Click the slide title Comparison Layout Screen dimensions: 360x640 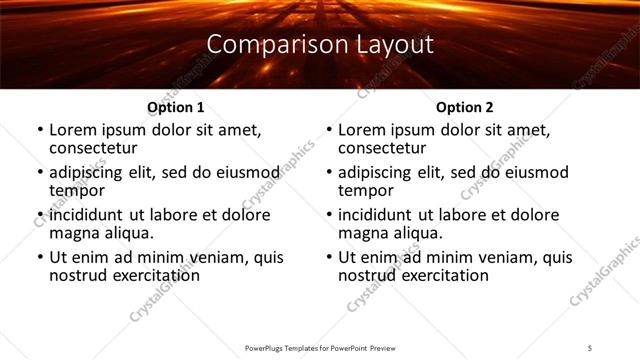pos(320,45)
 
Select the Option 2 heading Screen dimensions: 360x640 pos(464,107)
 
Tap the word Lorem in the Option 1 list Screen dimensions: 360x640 pos(73,130)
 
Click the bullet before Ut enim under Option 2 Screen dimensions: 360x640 pos(330,257)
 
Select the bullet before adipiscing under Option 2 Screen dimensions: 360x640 pos(330,172)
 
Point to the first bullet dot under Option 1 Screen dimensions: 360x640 pos(40,130)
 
